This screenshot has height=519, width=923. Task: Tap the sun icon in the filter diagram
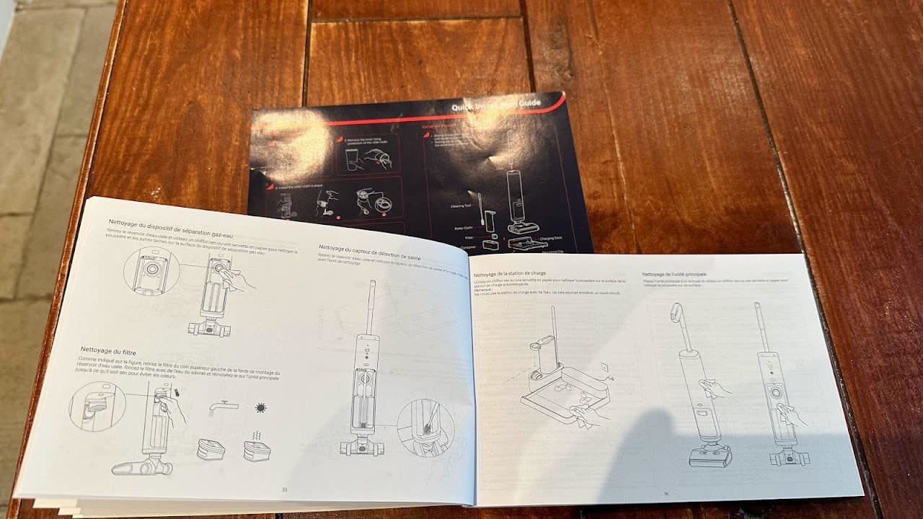coord(260,409)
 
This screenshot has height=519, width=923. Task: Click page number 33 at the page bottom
coord(284,489)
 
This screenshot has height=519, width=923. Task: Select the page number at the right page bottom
coord(666,493)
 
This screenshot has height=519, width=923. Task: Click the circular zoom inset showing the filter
coord(97,407)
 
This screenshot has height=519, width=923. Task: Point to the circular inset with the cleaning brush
coord(425,428)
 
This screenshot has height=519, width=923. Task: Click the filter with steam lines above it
coord(257,448)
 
